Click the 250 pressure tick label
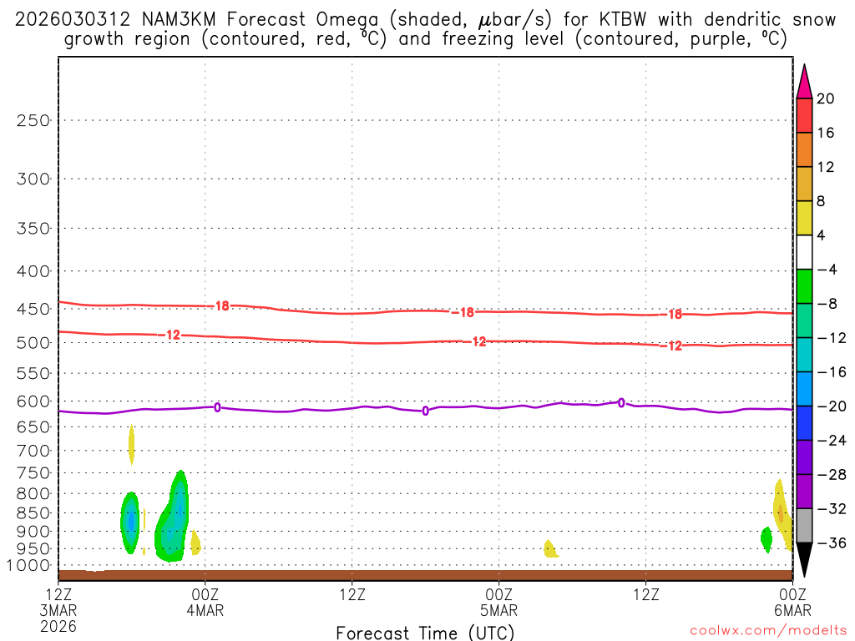(x=33, y=120)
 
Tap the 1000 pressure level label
(x=29, y=566)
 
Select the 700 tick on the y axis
(x=33, y=451)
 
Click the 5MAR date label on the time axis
(x=498, y=610)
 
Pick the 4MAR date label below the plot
(x=205, y=610)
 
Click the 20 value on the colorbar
(x=826, y=98)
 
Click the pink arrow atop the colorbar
(x=804, y=82)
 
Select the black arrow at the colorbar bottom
(x=804, y=560)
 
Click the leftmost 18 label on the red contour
(x=221, y=306)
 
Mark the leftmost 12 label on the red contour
(x=173, y=335)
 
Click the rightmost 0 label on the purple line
(x=621, y=403)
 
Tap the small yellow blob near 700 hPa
(x=131, y=444)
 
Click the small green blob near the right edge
(x=766, y=538)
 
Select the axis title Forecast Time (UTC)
(x=425, y=633)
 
